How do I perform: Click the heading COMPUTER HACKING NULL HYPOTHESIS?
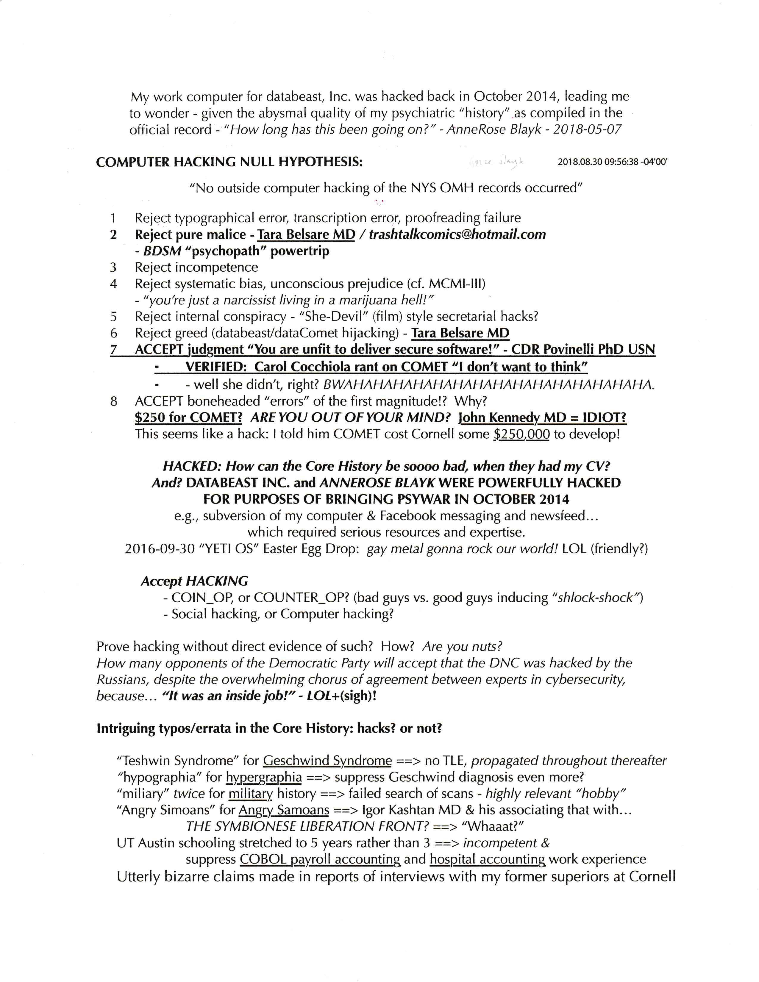click(229, 162)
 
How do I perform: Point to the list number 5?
click(113, 317)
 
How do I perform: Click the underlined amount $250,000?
click(521, 434)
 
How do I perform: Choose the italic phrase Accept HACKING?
click(194, 581)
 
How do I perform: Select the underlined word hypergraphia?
click(264, 777)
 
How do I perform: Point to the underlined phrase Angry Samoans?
click(284, 810)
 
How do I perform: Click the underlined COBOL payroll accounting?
click(320, 860)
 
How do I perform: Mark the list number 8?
click(113, 401)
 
